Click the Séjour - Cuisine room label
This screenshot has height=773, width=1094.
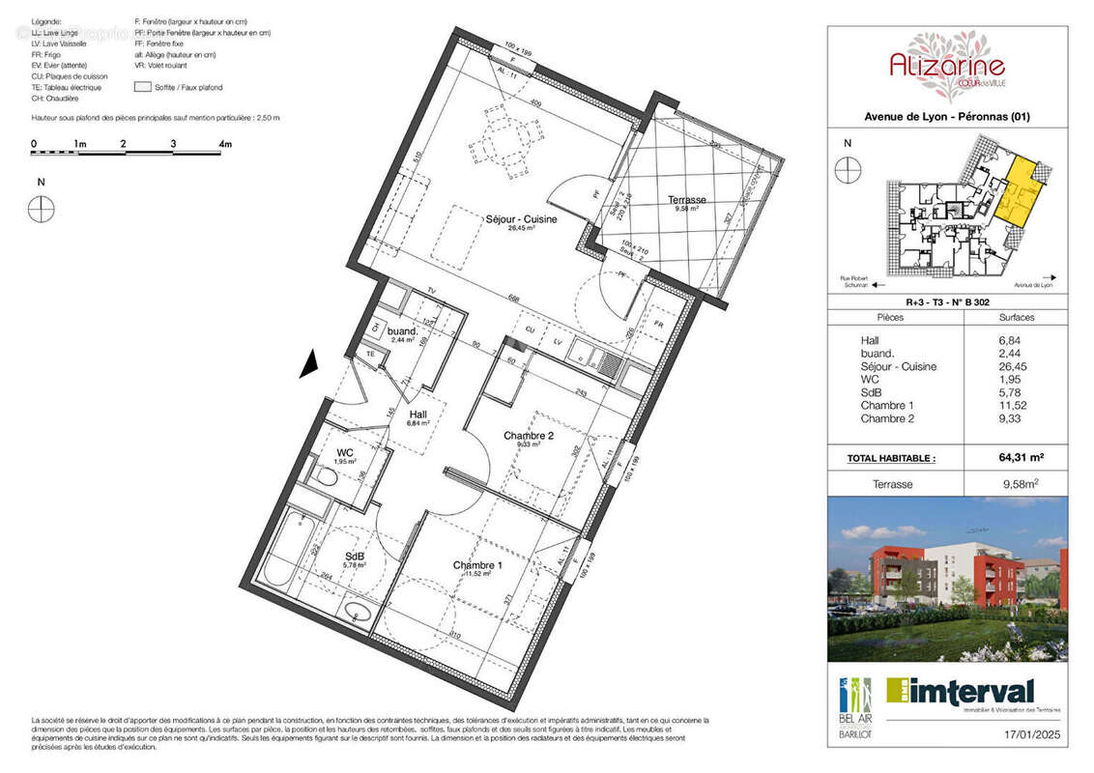[521, 219]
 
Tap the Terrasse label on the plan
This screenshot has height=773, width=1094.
[687, 200]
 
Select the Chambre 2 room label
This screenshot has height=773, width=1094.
[529, 437]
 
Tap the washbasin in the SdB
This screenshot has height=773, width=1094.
[357, 611]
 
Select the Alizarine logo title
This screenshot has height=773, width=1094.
[946, 66]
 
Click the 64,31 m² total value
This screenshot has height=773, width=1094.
[1016, 458]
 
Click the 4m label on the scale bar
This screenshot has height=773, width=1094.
[225, 144]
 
